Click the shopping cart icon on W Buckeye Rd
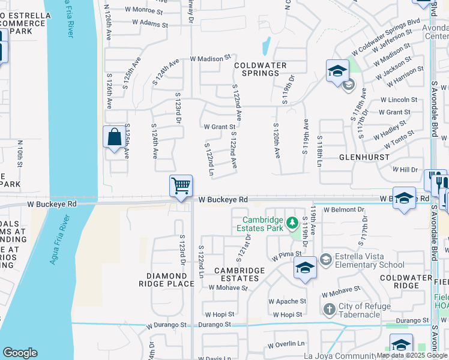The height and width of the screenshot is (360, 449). point(181,185)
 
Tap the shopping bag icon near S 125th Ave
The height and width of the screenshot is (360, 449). point(114,137)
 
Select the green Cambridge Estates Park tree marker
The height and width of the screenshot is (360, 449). point(292,223)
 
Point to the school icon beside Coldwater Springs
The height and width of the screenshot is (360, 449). point(337,71)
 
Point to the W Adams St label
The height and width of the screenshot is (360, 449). point(150,23)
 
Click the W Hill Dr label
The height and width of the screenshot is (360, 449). point(405,170)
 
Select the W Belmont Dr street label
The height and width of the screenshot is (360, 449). point(343,210)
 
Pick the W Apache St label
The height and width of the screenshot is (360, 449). point(287,301)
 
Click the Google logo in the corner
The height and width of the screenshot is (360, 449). point(20,353)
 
